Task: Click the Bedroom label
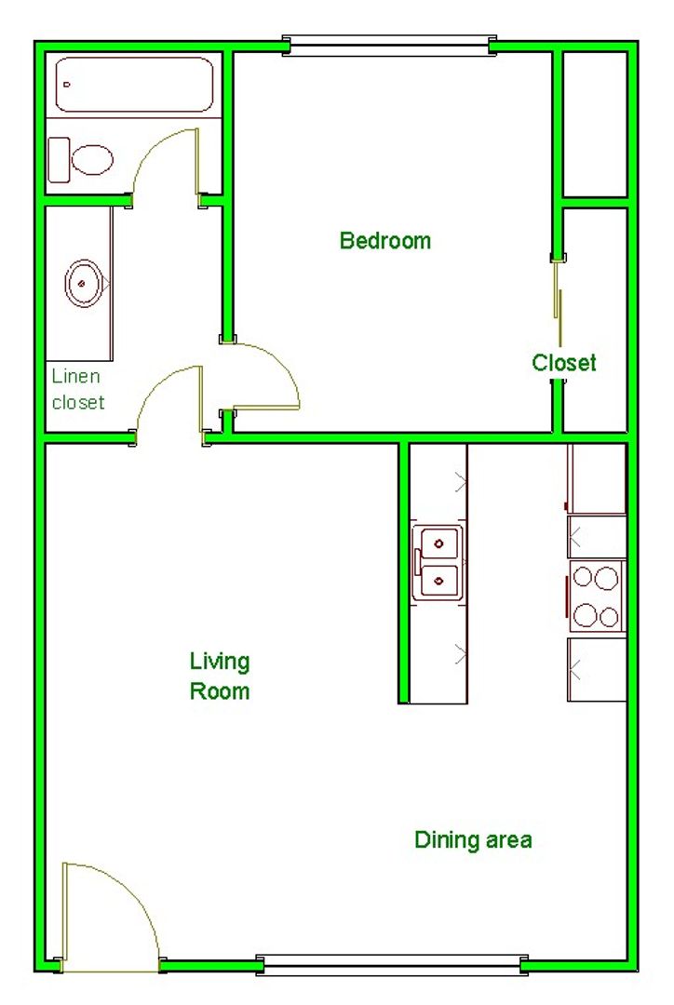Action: point(384,240)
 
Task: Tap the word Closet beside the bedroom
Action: point(564,362)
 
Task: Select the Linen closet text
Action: point(77,389)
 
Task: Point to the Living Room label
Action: point(220,677)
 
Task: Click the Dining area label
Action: point(473,839)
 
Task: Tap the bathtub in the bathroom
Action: point(134,86)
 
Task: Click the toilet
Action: point(81,160)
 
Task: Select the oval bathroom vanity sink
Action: point(84,283)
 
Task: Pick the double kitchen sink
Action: point(438,563)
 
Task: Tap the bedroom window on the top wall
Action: point(389,46)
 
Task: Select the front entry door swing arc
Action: point(137,895)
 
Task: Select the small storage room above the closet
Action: point(595,125)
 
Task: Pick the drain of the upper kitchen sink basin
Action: point(438,544)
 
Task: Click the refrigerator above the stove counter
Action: point(597,478)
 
